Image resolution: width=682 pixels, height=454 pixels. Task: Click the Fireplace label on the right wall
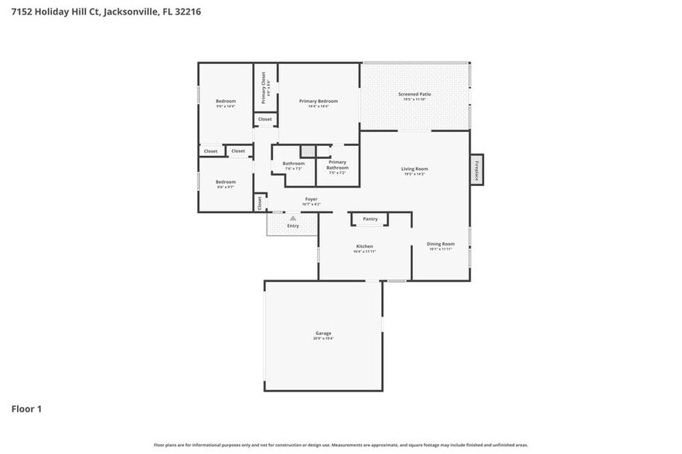pyautogui.click(x=477, y=168)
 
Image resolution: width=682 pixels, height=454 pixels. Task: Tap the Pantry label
pyautogui.click(x=370, y=219)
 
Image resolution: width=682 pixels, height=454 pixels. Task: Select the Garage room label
pyautogui.click(x=323, y=335)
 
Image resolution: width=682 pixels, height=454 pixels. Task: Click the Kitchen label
pyautogui.click(x=364, y=248)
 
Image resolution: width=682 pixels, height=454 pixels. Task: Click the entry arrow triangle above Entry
pyautogui.click(x=293, y=219)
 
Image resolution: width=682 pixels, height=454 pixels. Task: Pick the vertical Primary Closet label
pyautogui.click(x=264, y=87)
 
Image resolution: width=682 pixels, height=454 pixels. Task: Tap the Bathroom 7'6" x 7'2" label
pyautogui.click(x=293, y=164)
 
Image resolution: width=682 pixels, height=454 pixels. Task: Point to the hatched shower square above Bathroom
pyautogui.click(x=308, y=151)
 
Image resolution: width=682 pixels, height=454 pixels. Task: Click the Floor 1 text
pyautogui.click(x=26, y=408)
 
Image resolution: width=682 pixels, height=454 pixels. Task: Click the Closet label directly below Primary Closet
pyautogui.click(x=264, y=120)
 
